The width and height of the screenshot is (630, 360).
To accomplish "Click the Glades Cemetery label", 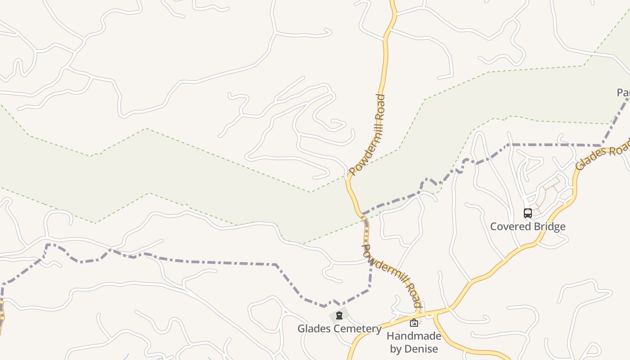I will (x=339, y=328).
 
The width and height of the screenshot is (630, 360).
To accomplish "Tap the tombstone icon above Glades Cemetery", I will (x=339, y=315).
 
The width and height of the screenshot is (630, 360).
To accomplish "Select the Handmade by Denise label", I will (x=414, y=342).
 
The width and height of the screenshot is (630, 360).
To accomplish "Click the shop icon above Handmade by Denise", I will (x=414, y=322).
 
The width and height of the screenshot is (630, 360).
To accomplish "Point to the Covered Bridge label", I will (x=527, y=226).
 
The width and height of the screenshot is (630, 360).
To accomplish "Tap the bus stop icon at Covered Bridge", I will (x=528, y=213).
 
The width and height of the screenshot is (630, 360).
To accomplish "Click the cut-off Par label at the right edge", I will (x=623, y=93).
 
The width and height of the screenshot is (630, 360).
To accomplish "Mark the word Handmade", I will (x=414, y=336).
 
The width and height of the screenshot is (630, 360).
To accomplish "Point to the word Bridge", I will (x=549, y=226).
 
